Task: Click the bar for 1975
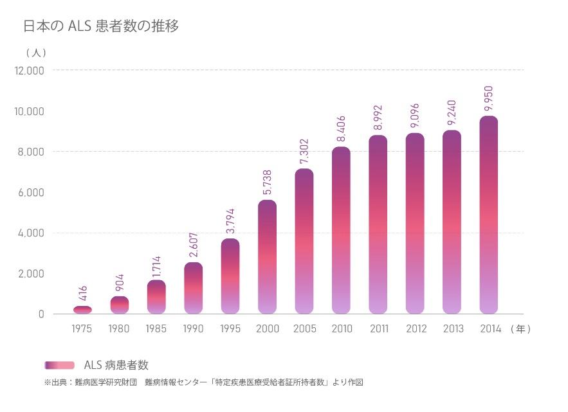tap(82, 310)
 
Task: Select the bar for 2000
tap(267, 257)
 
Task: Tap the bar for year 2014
tap(489, 215)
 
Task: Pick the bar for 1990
tap(193, 288)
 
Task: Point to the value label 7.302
tap(304, 152)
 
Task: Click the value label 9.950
tap(489, 99)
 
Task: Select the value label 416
tap(82, 294)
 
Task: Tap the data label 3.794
tap(230, 222)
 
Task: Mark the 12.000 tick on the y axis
tap(29, 70)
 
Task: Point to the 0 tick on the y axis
tap(41, 314)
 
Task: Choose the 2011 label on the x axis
tap(379, 329)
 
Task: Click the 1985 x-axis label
tap(156, 329)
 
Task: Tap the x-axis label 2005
tap(304, 329)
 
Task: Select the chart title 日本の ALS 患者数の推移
tap(101, 26)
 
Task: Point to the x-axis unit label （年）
tap(520, 329)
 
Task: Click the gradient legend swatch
tap(59, 365)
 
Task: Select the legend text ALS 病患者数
tap(116, 365)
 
